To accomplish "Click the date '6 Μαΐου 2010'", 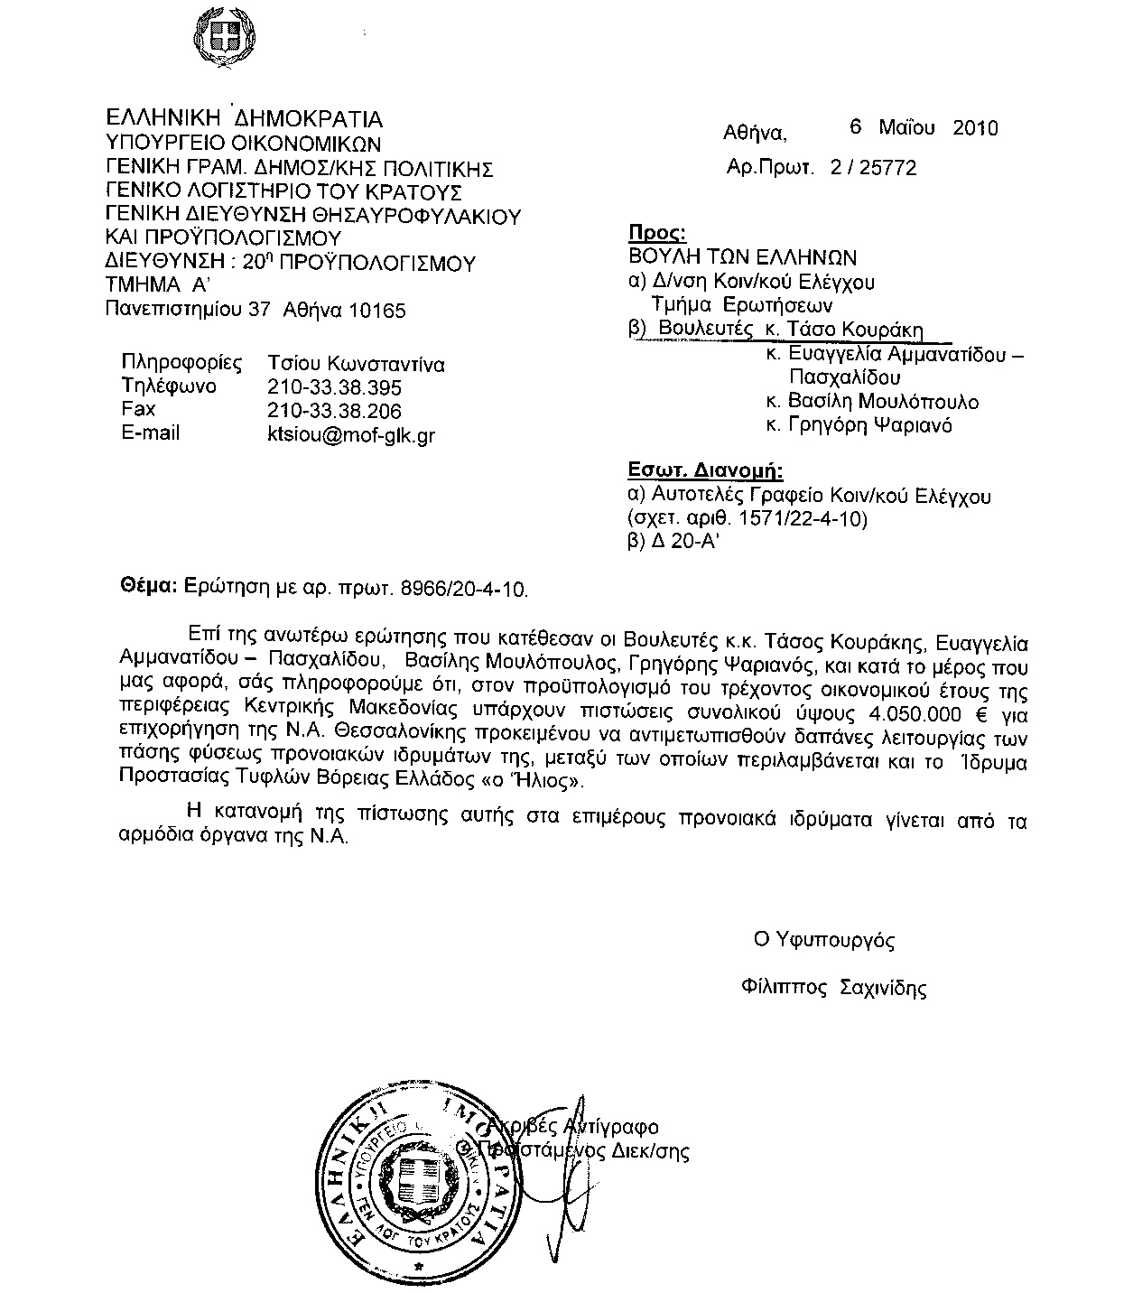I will (x=924, y=127).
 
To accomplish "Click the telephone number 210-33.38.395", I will (x=334, y=387).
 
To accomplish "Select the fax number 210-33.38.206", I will (x=334, y=411).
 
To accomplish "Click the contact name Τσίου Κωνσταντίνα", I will (x=356, y=364).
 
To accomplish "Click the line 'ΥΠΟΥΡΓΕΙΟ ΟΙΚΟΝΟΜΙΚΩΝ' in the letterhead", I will (x=243, y=143).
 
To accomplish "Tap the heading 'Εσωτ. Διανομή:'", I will (x=706, y=470).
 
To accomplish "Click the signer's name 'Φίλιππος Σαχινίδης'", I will (x=831, y=987).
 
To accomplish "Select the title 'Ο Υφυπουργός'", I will (x=824, y=940).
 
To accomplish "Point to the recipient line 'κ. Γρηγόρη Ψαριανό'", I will (x=858, y=424).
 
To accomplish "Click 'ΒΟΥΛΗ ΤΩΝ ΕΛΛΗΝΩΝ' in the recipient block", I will (x=742, y=257).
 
